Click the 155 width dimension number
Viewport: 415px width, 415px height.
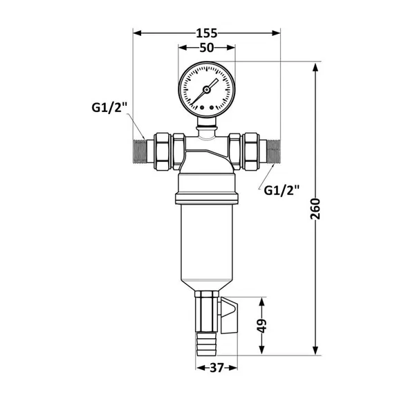206,33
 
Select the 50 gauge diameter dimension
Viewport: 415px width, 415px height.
206,48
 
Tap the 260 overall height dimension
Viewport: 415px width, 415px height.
315,209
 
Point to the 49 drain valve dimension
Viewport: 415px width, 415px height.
261,326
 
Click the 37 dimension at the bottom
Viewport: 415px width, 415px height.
216,368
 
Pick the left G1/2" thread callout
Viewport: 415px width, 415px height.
109,108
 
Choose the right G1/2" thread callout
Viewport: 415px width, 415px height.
282,190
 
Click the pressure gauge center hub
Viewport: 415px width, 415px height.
206,90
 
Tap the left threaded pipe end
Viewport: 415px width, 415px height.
140,151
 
